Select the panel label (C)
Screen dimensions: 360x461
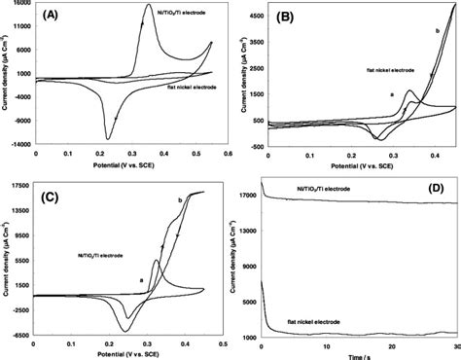52,197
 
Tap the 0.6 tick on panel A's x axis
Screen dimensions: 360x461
228,152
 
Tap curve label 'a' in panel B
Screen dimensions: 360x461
390,93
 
